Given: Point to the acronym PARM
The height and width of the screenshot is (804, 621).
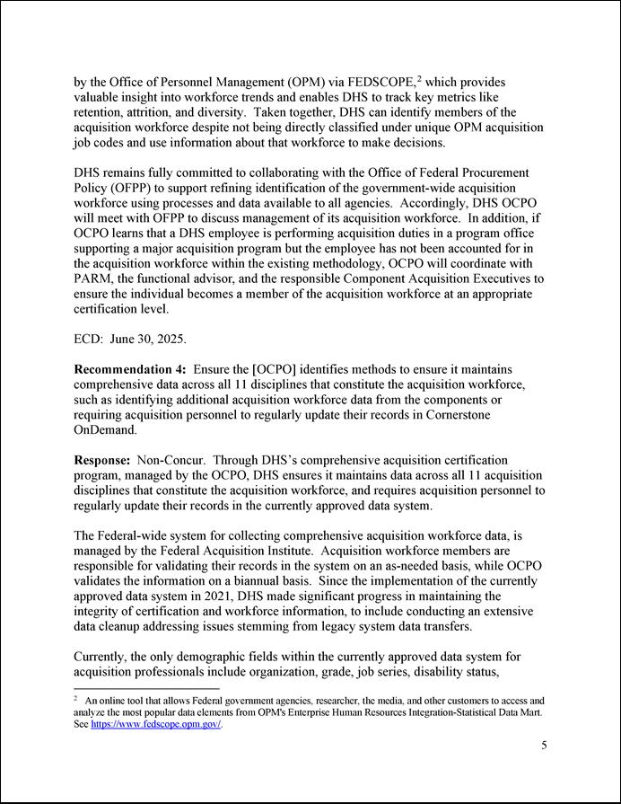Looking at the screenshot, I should coord(94,278).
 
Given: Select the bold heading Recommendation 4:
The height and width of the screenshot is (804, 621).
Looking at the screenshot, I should coord(130,370).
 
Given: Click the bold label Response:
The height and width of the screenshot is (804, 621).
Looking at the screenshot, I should coord(101,460).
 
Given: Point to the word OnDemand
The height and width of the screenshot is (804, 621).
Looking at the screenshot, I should coord(106,431).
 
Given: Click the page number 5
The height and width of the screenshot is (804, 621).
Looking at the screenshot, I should coord(543,745).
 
